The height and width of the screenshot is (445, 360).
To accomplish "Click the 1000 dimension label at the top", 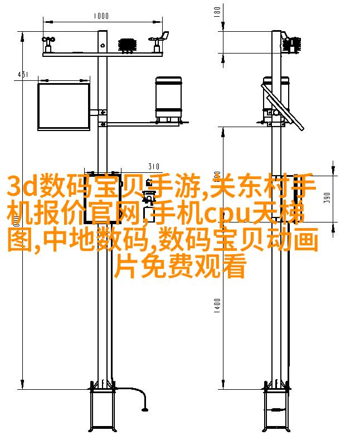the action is point(101,16).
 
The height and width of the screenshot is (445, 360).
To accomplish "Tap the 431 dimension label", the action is point(23,75).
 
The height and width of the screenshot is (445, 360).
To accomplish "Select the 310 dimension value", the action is point(154,166).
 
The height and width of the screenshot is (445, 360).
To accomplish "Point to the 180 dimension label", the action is point(217,12).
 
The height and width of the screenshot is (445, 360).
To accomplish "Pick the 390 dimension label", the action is point(327,197).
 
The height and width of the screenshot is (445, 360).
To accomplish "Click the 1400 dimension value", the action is point(217,306).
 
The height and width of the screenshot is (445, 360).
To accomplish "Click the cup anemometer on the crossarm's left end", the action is point(48,44).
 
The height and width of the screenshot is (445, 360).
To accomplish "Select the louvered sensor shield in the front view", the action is point(128,45).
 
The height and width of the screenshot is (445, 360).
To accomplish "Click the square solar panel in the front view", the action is point(64,107).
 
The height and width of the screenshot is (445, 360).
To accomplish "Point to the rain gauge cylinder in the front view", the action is point(168,99).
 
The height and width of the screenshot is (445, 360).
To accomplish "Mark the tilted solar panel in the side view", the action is point(283,107).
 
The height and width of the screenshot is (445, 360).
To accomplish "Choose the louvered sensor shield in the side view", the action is point(292,45).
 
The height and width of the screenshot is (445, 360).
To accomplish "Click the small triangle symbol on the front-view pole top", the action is point(103,45).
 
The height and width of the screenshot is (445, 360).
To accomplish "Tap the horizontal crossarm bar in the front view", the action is point(103,54).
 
